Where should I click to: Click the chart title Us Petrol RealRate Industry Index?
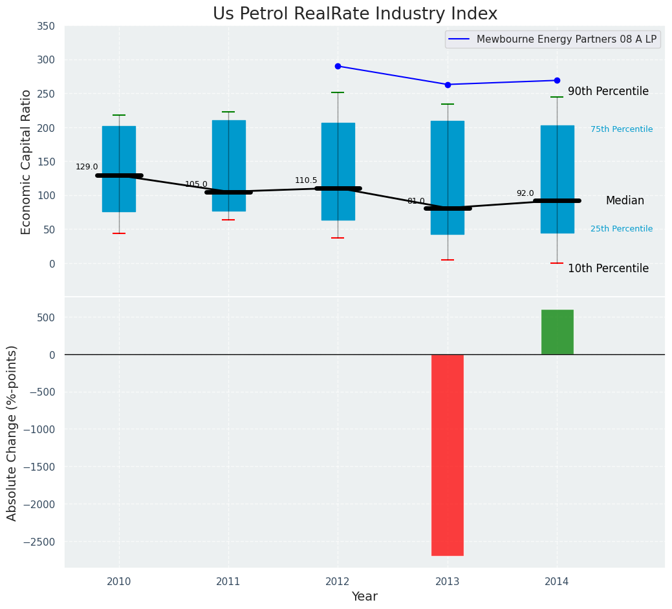(355, 14)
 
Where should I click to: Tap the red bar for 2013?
(448, 454)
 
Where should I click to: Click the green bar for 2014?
(557, 332)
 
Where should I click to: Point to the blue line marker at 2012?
(338, 66)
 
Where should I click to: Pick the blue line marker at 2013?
(448, 85)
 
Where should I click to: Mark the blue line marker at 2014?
(557, 80)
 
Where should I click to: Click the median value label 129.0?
(87, 167)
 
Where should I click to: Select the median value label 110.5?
(306, 180)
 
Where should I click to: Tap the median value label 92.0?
(525, 193)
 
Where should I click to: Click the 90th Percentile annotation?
(608, 92)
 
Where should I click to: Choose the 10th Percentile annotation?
(608, 268)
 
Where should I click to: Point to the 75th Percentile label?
(622, 129)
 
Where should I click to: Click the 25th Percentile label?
(622, 229)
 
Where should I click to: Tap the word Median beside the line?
(625, 201)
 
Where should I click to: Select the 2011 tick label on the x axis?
(228, 582)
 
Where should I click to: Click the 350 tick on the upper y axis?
(46, 27)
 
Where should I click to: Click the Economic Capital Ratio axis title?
(27, 162)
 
